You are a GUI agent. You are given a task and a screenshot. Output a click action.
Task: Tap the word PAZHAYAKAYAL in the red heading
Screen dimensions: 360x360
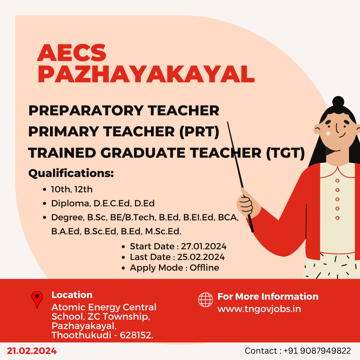pos(146,74)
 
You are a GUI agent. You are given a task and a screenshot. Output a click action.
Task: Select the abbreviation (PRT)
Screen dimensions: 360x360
pos(199,132)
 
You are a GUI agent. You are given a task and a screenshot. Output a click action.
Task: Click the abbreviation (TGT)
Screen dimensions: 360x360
pos(285,153)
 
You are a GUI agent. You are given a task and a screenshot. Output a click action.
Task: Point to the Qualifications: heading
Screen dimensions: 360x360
pos(71,173)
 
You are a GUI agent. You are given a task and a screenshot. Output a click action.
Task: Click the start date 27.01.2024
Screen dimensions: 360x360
pos(204,246)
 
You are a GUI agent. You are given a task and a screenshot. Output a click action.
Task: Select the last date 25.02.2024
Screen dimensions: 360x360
pos(201,257)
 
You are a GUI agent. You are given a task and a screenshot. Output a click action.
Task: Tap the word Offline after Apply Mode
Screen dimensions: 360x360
pos(204,268)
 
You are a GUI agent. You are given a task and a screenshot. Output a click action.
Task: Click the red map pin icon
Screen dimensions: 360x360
pos(37,299)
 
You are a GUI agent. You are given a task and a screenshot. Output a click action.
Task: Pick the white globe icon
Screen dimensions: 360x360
pos(205,300)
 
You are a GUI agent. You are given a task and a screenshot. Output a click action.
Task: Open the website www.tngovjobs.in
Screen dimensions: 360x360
pos(259,309)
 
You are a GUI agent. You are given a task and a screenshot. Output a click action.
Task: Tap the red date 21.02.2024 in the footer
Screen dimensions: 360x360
pos(32,351)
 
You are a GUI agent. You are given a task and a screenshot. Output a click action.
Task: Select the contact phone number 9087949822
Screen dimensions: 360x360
pos(325,351)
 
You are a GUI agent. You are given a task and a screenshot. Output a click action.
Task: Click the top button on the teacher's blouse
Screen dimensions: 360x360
pos(337,181)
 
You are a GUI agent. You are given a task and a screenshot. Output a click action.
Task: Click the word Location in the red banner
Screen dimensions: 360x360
pos(72,295)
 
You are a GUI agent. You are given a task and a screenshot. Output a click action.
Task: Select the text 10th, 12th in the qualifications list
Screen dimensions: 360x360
pos(72,189)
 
